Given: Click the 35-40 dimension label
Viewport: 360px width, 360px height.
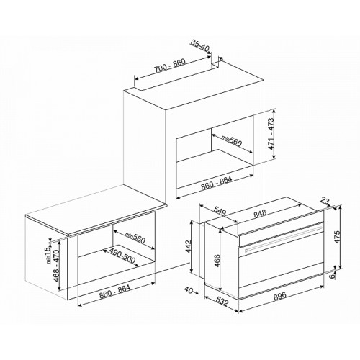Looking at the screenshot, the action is [200, 45].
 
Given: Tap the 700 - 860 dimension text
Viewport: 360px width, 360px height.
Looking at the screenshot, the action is [170, 66].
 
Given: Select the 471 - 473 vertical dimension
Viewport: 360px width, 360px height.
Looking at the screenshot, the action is [271, 134].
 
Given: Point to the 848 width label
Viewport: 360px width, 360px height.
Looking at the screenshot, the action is [260, 213].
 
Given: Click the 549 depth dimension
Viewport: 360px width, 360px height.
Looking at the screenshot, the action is [220, 210].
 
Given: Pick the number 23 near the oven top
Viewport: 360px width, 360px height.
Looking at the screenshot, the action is [325, 202].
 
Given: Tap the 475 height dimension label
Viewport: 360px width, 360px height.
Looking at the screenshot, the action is [337, 237].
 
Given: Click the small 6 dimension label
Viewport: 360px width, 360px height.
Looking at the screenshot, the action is [332, 276].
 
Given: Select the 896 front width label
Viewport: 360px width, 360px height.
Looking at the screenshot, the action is [280, 295].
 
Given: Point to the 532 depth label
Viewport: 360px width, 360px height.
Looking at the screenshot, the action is [222, 301].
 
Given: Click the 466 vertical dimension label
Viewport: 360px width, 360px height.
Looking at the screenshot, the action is [217, 261].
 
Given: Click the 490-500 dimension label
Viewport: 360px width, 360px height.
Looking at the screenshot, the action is [122, 256].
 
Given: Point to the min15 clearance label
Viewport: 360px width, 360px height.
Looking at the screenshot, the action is [48, 255].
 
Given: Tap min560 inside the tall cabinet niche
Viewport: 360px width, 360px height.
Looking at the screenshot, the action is [231, 141].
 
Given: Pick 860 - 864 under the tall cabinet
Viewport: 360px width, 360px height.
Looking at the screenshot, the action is [217, 184].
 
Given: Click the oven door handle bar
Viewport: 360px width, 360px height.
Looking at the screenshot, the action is [284, 238].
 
